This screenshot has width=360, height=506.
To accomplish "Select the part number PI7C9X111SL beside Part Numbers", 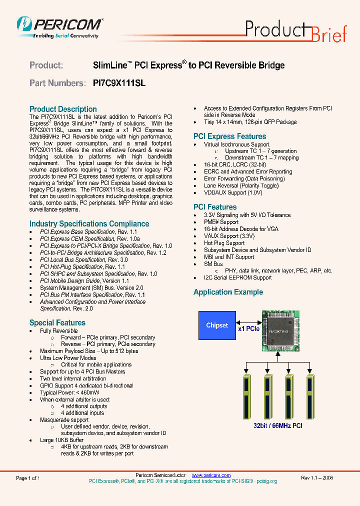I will pyautogui.click(x=119, y=83).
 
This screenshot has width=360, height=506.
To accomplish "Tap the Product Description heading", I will pyautogui.click(x=63, y=109).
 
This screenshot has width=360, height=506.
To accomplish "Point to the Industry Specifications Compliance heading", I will pyautogui.click(x=89, y=223).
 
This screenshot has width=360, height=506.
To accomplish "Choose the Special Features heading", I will pyautogui.click(x=57, y=322).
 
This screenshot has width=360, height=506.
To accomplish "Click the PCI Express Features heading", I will pyautogui.click(x=229, y=136).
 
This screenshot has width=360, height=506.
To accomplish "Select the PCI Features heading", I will pyautogui.click(x=215, y=206).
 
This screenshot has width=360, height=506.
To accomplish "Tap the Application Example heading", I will pyautogui.click(x=228, y=292).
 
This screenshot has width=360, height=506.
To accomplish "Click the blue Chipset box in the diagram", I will pyautogui.click(x=217, y=325).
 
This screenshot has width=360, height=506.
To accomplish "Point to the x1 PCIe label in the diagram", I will pyautogui.click(x=248, y=328).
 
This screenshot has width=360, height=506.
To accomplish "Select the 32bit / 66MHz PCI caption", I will pyautogui.click(x=277, y=425).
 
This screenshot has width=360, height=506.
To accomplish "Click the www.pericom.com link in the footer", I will pyautogui.click(x=211, y=475).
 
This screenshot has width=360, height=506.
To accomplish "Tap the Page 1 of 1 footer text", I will pyautogui.click(x=28, y=478).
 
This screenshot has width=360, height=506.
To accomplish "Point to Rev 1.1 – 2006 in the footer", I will pyautogui.click(x=317, y=478).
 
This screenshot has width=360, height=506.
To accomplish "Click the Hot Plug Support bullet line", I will pyautogui.click(x=224, y=243).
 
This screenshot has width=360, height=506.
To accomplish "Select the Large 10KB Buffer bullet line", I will pyautogui.click(x=61, y=440).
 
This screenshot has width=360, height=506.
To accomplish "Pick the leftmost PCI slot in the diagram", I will pyautogui.click(x=245, y=397).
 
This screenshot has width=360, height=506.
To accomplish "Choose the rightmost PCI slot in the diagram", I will pyautogui.click(x=311, y=397).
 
